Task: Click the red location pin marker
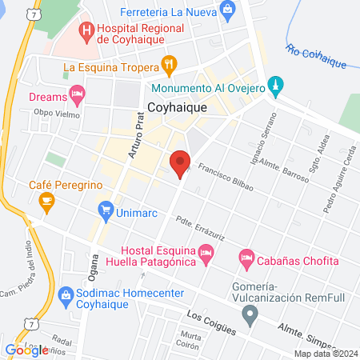click(x=180, y=162)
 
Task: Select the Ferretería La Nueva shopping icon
click(x=228, y=11)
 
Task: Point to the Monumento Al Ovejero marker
click(x=276, y=84)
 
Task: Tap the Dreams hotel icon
click(x=77, y=96)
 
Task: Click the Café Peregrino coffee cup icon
click(x=46, y=199)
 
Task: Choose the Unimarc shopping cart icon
click(x=106, y=211)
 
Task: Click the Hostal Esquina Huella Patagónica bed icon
click(x=206, y=253)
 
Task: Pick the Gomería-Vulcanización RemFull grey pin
click(x=251, y=315)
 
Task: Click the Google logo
click(x=26, y=350)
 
